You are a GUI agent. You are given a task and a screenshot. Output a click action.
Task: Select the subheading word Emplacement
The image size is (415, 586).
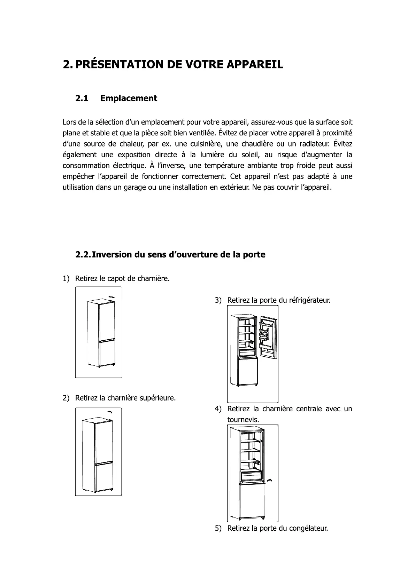pyautogui.click(x=129, y=98)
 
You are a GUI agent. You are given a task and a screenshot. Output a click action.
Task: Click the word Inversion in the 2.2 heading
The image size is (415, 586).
pyautogui.click(x=113, y=255)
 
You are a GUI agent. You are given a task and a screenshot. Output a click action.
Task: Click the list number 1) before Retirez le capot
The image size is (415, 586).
pyautogui.click(x=66, y=278)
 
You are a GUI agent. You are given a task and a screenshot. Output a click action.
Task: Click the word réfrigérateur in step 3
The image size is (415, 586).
pyautogui.click(x=309, y=300)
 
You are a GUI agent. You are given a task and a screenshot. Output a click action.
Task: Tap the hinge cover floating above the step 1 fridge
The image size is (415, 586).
pyautogui.click(x=111, y=297)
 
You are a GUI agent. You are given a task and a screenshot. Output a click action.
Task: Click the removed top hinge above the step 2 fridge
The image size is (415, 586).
pyautogui.click(x=110, y=411)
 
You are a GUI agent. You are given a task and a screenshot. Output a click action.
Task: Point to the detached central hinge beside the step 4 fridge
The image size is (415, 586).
pyautogui.click(x=269, y=481)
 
